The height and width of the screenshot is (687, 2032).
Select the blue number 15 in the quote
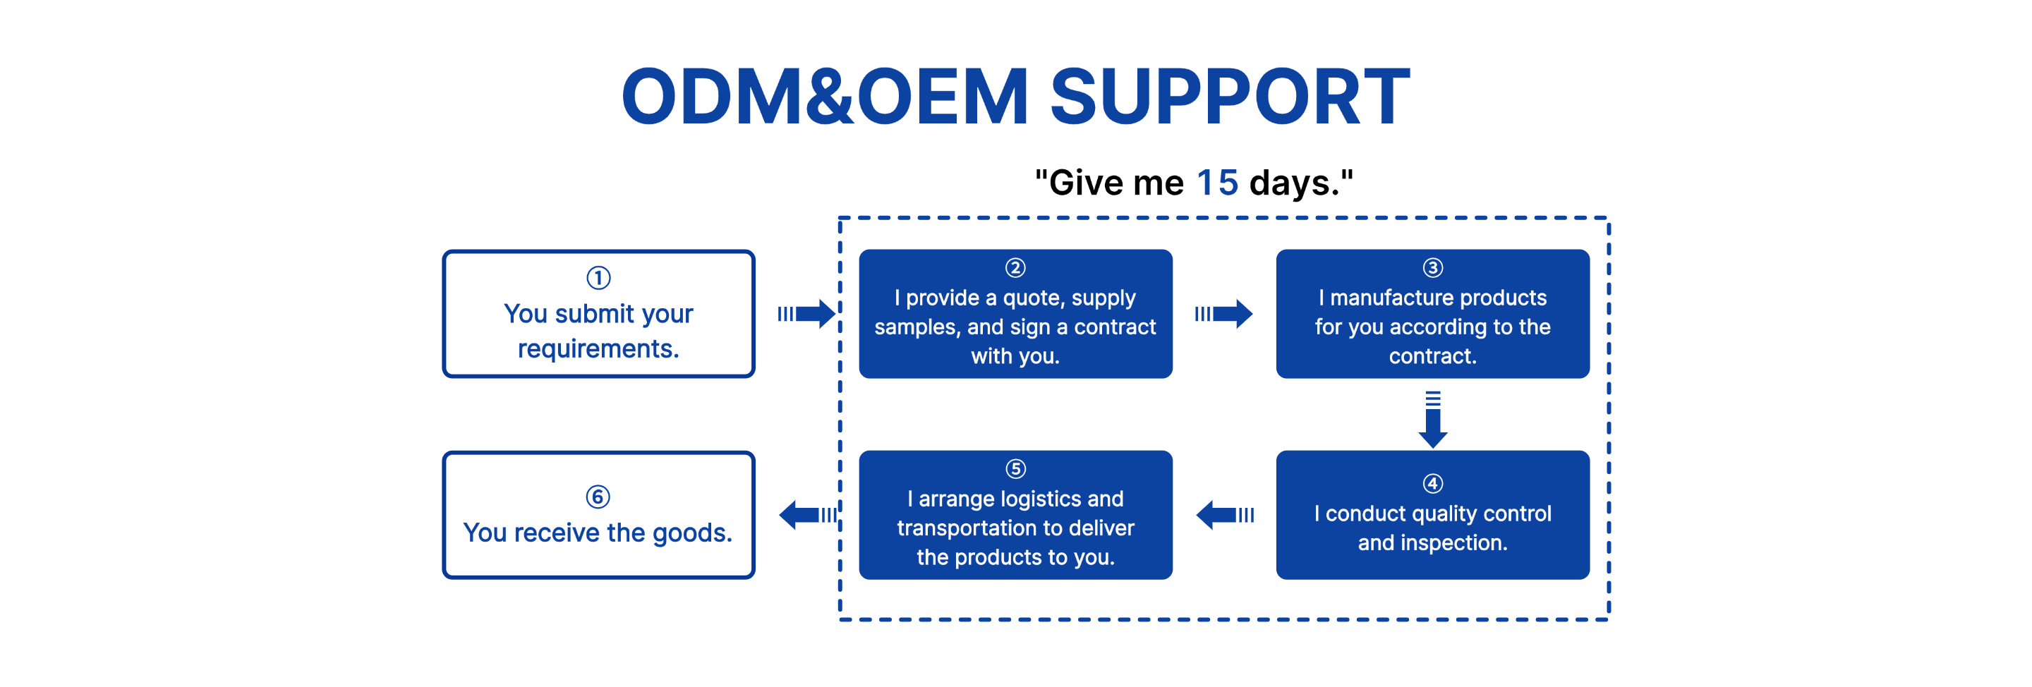1217,183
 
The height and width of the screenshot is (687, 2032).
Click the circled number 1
598,278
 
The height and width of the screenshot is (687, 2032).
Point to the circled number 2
1015,267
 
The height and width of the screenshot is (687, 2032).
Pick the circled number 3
1432,267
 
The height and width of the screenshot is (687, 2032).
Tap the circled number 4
1432,482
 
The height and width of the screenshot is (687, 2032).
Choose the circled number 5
1015,468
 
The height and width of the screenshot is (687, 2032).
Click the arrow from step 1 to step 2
806,314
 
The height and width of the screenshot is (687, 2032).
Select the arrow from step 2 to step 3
1223,314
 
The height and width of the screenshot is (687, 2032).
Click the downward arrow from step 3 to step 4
1432,420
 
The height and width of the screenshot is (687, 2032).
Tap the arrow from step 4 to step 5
1225,515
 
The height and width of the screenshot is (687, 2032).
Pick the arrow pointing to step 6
808,515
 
